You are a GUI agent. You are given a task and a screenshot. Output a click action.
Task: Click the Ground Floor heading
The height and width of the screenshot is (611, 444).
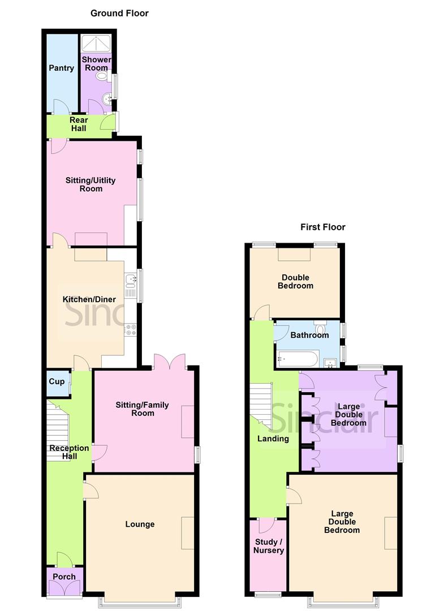119,13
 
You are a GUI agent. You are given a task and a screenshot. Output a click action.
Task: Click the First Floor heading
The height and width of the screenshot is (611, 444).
322,227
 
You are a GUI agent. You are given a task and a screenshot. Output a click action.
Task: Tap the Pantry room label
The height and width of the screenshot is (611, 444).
61,68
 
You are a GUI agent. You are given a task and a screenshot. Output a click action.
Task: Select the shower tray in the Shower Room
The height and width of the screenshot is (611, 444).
96,44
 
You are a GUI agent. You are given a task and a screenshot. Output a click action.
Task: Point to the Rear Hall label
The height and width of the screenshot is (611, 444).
78,124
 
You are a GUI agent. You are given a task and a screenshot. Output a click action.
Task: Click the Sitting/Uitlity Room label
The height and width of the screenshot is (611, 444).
90,184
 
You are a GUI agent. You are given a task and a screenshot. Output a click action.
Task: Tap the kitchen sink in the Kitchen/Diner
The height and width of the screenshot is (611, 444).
131,278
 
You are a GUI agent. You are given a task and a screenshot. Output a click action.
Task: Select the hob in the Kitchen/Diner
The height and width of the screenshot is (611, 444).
131,329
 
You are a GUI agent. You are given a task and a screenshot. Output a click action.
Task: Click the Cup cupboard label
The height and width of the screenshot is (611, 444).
57,382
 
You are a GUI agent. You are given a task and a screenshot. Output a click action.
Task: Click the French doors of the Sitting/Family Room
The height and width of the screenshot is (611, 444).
169,362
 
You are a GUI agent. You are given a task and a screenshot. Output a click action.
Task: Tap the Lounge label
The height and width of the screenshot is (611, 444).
140,524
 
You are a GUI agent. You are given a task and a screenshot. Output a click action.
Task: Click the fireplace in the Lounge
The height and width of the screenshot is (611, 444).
187,532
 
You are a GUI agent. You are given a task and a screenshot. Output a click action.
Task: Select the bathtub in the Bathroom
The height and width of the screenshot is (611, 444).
298,359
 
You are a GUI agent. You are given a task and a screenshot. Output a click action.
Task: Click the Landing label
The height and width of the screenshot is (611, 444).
273,438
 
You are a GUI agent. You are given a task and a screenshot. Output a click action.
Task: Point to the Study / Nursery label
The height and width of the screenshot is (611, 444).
268,546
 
